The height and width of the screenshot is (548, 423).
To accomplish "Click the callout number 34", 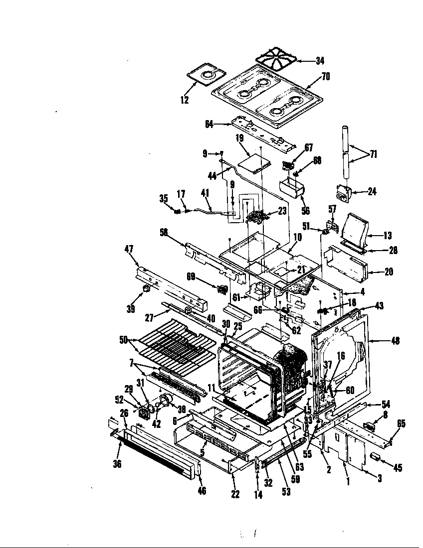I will [x=320, y=61].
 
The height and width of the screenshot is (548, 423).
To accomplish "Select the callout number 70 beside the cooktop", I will [x=325, y=77].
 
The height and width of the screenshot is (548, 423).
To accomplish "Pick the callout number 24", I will [x=372, y=191].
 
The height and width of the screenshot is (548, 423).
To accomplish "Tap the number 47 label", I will [x=128, y=249].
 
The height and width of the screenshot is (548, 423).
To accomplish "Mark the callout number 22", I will [x=235, y=494].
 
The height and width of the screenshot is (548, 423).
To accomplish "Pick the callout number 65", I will [x=401, y=424].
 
